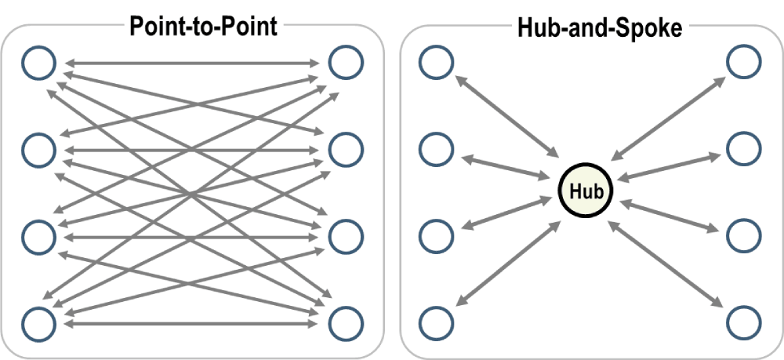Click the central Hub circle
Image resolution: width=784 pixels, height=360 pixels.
pos(584,191)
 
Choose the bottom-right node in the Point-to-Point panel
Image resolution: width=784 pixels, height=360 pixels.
pos(346,322)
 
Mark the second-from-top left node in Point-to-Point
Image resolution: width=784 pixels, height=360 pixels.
pos(39,147)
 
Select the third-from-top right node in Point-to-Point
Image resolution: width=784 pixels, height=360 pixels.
pos(346,235)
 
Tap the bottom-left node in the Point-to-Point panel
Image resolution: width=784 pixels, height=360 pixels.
pos(39,322)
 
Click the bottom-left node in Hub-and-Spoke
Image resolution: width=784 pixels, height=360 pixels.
pos(436,322)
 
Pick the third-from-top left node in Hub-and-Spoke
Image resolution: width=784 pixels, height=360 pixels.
pos(436,235)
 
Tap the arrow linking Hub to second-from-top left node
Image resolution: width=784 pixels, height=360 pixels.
pos(510,170)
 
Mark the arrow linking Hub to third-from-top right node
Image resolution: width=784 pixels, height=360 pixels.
pos(670,216)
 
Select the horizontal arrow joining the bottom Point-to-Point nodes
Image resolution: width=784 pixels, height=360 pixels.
pos(192,322)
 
